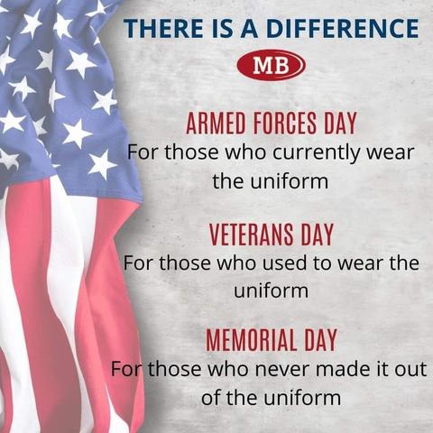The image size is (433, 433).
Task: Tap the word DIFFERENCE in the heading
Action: tap(342, 28)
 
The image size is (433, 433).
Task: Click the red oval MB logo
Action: tap(272, 65)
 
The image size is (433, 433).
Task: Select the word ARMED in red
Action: tap(216, 123)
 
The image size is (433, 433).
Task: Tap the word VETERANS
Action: tap(252, 235)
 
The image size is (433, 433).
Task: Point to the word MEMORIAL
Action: tap(252, 340)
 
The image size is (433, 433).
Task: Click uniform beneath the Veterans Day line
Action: tap(272, 290)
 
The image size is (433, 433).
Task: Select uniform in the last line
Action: tap(303, 397)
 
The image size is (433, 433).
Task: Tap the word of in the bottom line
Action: tap(211, 397)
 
